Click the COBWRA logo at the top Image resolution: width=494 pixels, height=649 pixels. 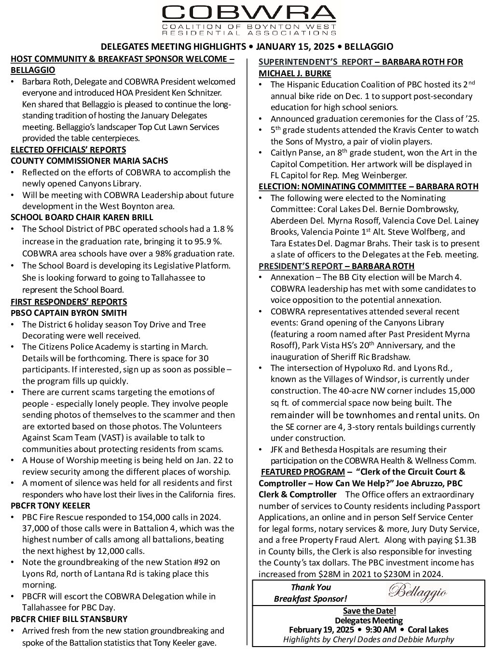click(249, 20)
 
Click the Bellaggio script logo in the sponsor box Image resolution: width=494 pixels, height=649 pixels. click(418, 592)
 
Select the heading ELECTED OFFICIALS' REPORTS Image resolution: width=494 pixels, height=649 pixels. click(69, 150)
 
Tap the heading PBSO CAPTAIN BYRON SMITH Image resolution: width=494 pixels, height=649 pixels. click(69, 313)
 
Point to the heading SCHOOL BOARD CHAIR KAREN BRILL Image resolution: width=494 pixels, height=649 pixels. click(82, 217)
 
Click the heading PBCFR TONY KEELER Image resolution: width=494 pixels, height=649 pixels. click(51, 506)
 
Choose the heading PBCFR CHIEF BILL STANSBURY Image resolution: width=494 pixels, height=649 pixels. click(69, 619)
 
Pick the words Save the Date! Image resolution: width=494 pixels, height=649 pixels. click(370, 610)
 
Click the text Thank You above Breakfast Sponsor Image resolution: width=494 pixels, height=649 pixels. click(311, 587)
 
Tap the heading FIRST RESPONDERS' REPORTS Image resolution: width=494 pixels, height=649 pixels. click(69, 302)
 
